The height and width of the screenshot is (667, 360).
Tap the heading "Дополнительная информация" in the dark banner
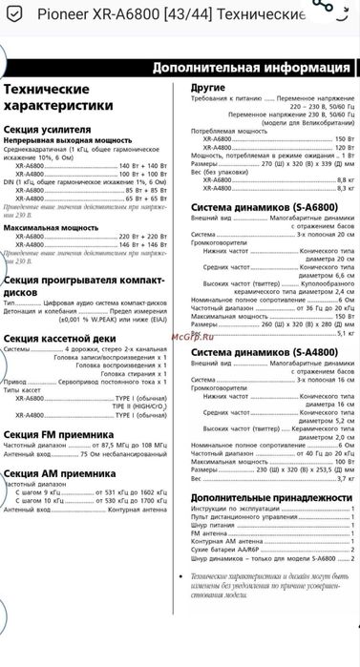pyautogui.click(x=251, y=68)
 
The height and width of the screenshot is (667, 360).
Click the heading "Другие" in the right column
pyautogui.click(x=208, y=86)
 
